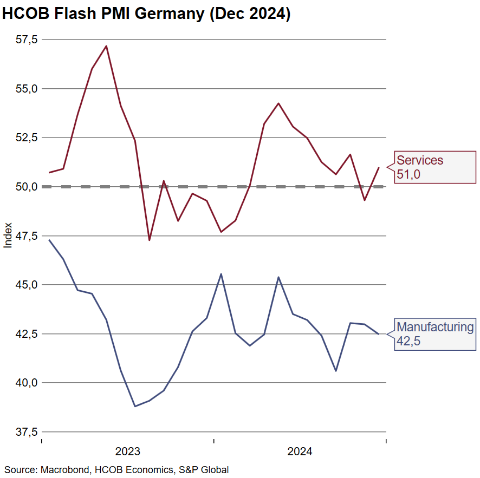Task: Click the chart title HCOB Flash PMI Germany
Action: (x=146, y=14)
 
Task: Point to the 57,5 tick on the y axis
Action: (x=27, y=40)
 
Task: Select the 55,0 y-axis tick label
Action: (x=27, y=88)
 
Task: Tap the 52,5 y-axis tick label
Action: (x=27, y=137)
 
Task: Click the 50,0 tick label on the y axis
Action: (x=27, y=187)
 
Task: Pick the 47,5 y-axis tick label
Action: (x=27, y=235)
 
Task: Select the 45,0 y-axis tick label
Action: (x=27, y=285)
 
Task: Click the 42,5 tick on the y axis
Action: (x=27, y=334)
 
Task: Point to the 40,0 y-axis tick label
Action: (x=27, y=383)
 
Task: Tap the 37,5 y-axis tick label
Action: (x=27, y=432)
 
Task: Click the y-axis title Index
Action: (x=8, y=235)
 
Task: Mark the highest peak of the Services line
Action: (x=106, y=46)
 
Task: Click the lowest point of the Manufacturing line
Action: (x=135, y=406)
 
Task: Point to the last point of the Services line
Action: (x=378, y=167)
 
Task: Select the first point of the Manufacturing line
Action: (x=49, y=240)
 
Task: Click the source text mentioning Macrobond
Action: (x=116, y=469)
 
